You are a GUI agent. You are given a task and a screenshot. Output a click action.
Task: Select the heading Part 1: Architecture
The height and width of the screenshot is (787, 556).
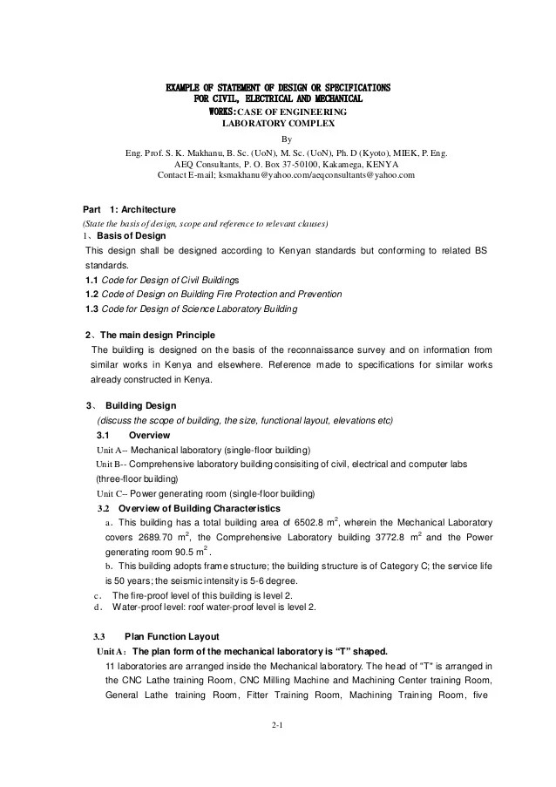[x=129, y=210]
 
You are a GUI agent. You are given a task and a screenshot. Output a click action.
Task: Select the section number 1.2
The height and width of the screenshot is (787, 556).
[x=92, y=295]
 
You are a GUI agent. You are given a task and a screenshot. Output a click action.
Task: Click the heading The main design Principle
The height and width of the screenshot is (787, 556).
[x=158, y=336]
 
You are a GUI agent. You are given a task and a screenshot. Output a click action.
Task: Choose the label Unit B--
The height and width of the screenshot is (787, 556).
[x=112, y=464]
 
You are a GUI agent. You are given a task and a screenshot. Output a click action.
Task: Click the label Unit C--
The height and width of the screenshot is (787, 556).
[x=112, y=492]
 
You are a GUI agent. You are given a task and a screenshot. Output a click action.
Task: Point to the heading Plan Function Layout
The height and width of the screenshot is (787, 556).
[x=172, y=636]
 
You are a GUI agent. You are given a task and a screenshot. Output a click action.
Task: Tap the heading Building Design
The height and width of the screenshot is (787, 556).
[x=140, y=406]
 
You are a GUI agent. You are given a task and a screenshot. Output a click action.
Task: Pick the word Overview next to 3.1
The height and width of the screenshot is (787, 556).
[x=149, y=435]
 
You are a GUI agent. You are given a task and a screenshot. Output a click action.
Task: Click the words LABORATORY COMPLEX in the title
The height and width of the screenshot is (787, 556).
[x=278, y=124]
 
